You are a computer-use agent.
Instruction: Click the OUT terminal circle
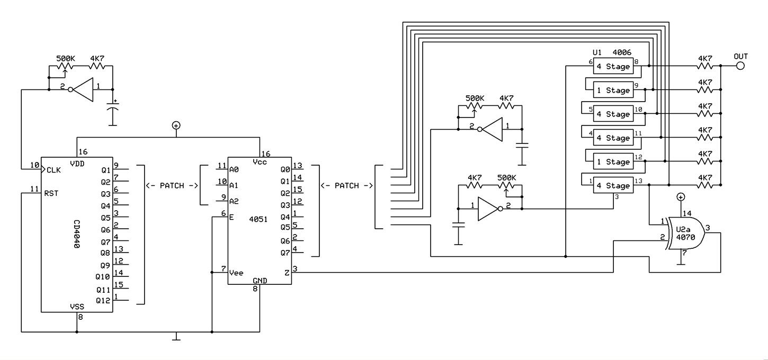pos(740,66)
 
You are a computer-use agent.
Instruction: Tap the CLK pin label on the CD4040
pos(53,170)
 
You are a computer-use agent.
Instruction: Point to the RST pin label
pos(52,193)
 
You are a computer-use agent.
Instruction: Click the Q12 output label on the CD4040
pos(103,300)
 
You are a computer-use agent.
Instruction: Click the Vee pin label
pos(236,273)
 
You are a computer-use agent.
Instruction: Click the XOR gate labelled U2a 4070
pos(686,233)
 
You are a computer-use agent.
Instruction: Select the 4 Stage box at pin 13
pos(613,186)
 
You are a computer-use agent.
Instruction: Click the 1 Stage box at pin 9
pos(613,90)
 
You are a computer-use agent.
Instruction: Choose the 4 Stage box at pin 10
pos(613,114)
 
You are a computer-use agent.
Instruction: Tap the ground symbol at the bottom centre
pos(177,337)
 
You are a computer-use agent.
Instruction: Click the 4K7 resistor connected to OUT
pos(704,66)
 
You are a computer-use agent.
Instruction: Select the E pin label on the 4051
pos(231,217)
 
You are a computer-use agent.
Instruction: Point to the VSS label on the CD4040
pos(77,307)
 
